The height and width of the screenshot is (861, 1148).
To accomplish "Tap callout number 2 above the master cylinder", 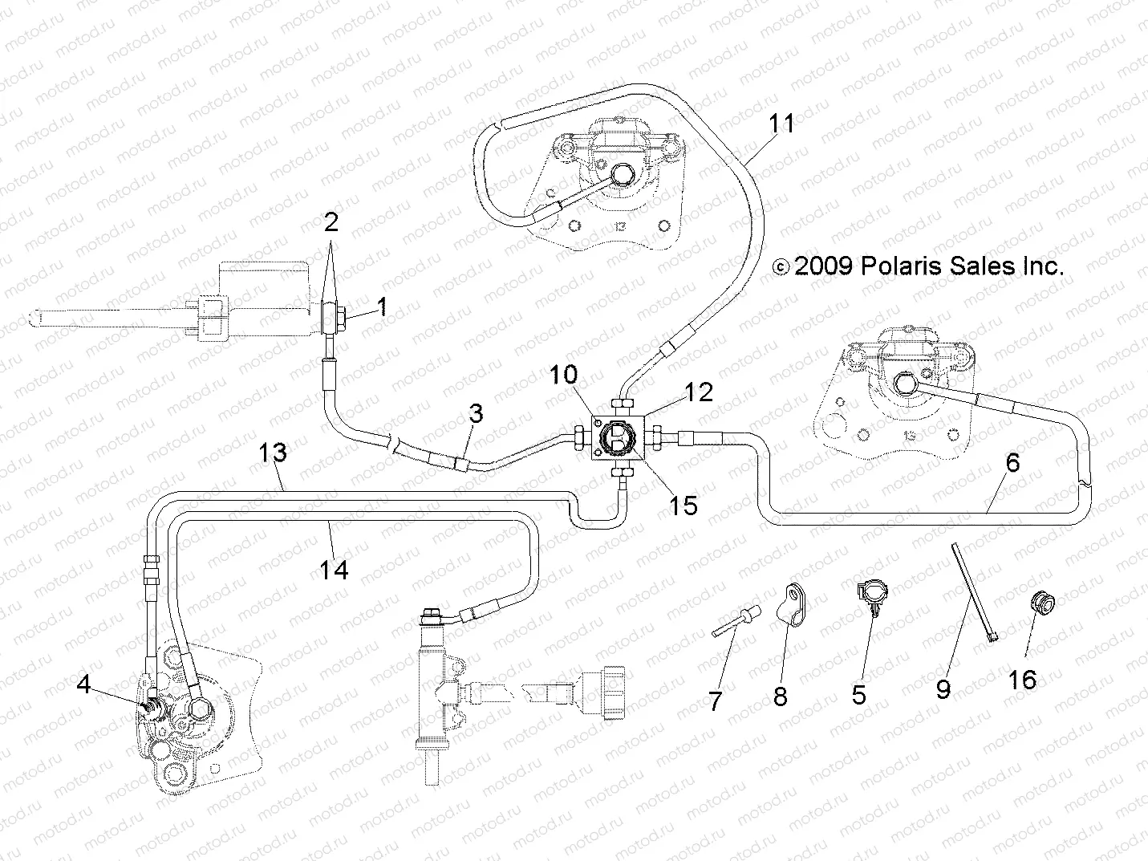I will click(331, 222).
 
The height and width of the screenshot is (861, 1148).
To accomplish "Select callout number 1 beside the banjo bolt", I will click(382, 307).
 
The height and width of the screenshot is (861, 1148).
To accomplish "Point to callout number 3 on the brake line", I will click(477, 414).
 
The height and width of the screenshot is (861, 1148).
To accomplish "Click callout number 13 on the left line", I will click(273, 453).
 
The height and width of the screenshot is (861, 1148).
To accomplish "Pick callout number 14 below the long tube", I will click(334, 570).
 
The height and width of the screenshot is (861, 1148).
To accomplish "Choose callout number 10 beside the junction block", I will click(563, 375).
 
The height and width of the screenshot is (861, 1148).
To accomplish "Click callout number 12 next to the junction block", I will click(699, 392).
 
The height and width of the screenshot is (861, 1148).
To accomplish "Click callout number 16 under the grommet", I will click(1022, 680).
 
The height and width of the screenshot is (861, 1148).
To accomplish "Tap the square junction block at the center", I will click(617, 441).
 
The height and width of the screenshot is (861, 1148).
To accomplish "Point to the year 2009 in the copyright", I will click(823, 266).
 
